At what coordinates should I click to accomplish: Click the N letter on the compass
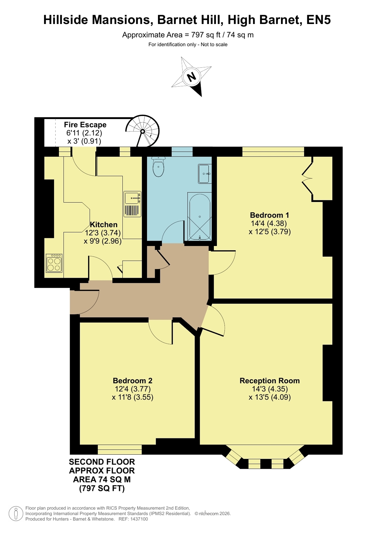point(191,77)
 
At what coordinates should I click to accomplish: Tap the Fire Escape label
point(85,125)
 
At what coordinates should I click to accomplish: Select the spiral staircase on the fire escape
point(142,131)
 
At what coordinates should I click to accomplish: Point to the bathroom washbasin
point(205,174)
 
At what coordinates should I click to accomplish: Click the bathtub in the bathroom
point(199,216)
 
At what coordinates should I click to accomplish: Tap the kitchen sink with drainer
point(132,204)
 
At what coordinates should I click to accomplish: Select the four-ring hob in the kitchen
point(54,263)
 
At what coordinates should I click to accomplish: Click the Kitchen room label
point(104,224)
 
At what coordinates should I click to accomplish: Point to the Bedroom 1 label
point(269,215)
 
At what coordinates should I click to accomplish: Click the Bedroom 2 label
point(133,381)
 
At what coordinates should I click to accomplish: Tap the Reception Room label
point(270,381)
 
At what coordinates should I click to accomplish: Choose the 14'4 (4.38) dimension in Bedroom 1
point(269,223)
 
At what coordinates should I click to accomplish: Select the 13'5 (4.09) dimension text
point(270,397)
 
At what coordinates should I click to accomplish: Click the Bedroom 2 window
point(120,449)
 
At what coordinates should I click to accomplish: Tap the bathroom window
point(182,152)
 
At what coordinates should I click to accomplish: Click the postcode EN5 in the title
point(318,20)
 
